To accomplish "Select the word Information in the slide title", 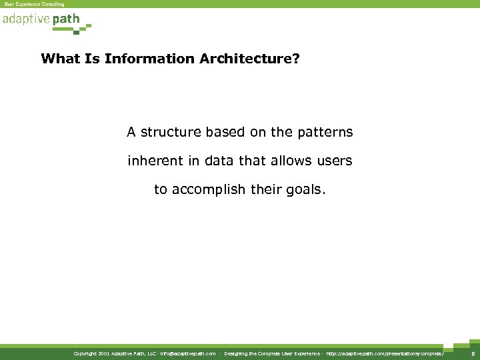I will point(149,59).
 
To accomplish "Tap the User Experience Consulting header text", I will point(35,4).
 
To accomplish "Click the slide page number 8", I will point(472,353).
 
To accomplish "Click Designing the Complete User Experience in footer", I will point(272,353).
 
